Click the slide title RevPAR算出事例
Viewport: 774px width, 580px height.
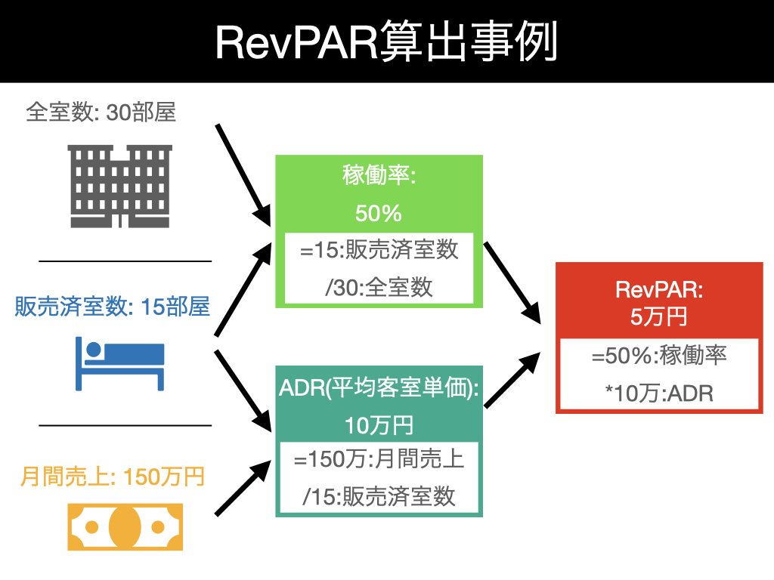386,42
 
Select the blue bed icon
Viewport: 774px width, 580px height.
119,364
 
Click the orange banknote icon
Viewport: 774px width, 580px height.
125,526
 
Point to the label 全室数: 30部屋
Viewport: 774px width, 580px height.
101,113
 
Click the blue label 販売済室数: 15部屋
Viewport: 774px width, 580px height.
112,307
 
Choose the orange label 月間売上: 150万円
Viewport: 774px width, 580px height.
113,477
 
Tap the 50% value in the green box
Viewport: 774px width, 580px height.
378,214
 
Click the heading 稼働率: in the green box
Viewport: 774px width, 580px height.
379,176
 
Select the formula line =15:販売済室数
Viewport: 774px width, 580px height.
379,250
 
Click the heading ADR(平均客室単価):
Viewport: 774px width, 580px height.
379,389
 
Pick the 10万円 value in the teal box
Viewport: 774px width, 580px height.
379,425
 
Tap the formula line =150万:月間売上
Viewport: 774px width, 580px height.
379,458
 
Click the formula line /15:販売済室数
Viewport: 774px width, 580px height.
379,496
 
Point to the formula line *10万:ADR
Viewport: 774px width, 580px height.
659,393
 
